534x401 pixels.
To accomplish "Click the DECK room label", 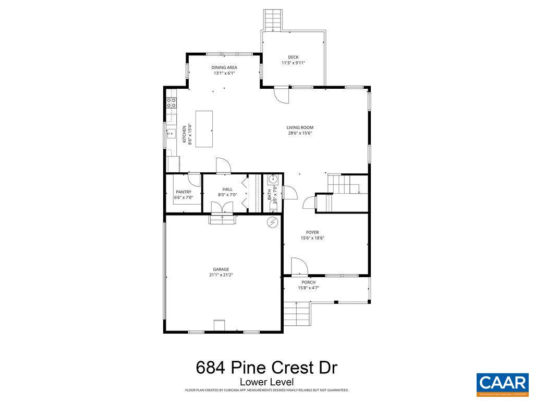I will [x=293, y=57].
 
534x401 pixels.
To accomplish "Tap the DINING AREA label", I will [x=224, y=67].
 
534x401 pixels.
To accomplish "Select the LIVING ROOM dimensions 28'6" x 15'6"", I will [x=300, y=133].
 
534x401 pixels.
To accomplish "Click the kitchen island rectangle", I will [x=204, y=128].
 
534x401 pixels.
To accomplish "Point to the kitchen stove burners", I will [x=171, y=103].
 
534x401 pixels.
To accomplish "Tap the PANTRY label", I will [x=184, y=192].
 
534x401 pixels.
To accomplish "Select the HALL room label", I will [x=227, y=189].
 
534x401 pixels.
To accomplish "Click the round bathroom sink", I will [x=272, y=180].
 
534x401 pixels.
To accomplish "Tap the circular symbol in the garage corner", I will [x=272, y=223].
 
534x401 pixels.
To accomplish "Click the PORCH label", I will [x=308, y=282].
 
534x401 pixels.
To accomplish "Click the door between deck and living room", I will [x=281, y=95].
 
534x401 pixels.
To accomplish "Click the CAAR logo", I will [x=502, y=382].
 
